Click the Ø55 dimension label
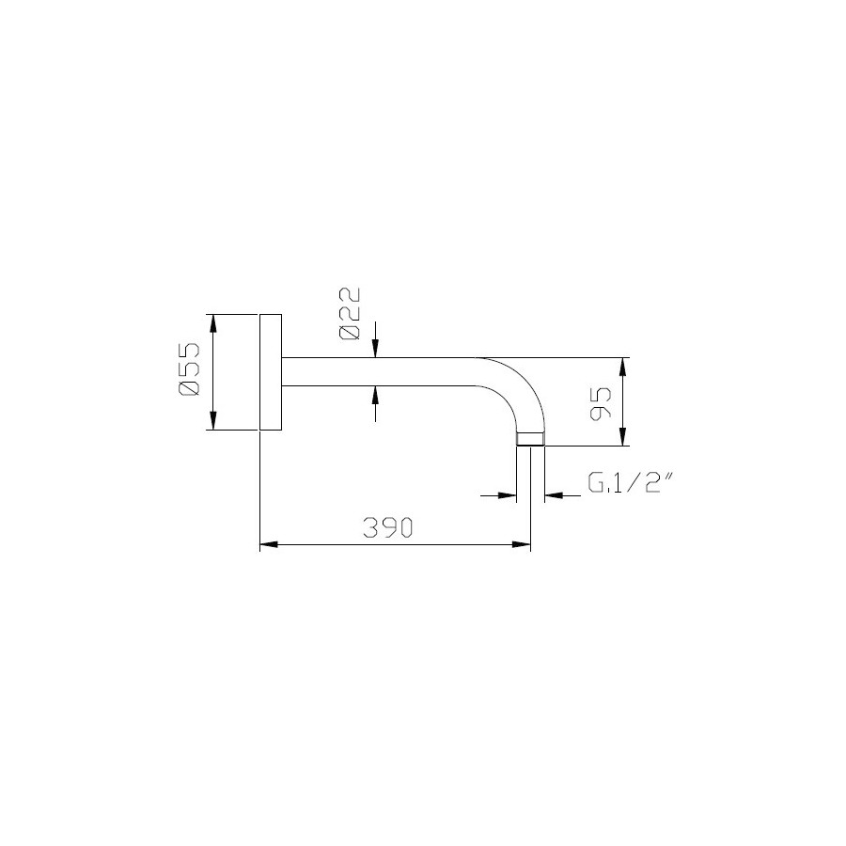tap(189, 369)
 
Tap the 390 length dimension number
tap(388, 527)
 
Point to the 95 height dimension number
tap(601, 404)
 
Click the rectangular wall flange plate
tap(271, 372)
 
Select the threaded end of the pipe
tap(531, 439)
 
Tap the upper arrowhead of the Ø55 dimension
tap(212, 323)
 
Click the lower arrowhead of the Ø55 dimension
tap(212, 421)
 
